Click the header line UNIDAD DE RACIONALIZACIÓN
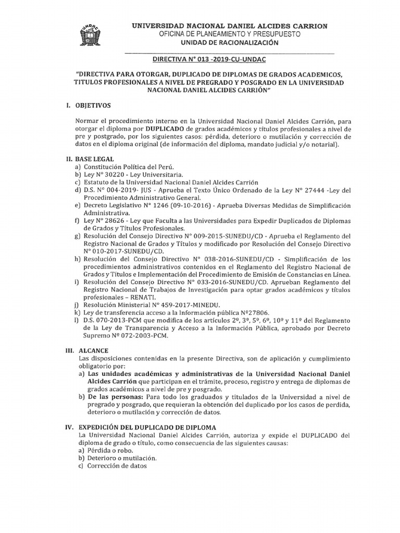click(x=229, y=43)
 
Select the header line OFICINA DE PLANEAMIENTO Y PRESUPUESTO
click(x=229, y=34)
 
